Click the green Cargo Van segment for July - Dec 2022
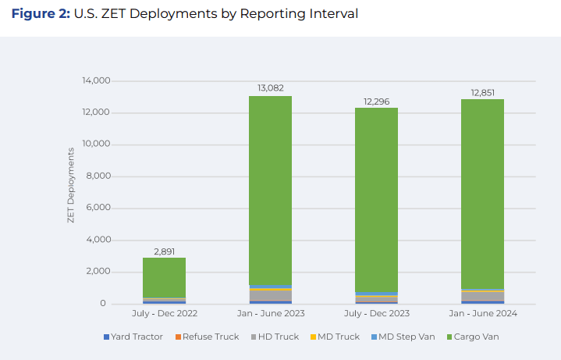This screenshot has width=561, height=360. click(x=164, y=277)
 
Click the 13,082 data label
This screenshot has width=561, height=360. click(x=270, y=88)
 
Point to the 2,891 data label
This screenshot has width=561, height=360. click(x=164, y=251)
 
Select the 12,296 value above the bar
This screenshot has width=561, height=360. click(x=376, y=101)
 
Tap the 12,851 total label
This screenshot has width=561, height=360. click(x=482, y=92)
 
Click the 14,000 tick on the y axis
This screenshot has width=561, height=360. click(x=96, y=81)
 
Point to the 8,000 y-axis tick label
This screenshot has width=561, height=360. click(x=98, y=176)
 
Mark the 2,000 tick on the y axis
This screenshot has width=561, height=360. click(x=98, y=272)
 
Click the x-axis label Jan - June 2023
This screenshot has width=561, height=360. click(x=270, y=314)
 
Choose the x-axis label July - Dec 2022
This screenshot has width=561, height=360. click(x=164, y=314)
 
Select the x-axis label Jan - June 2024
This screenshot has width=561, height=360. click(x=482, y=314)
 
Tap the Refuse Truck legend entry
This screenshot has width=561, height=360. click(x=207, y=337)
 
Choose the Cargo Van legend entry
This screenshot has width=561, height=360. click(x=476, y=337)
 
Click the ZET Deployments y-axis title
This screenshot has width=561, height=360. click(x=70, y=192)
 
